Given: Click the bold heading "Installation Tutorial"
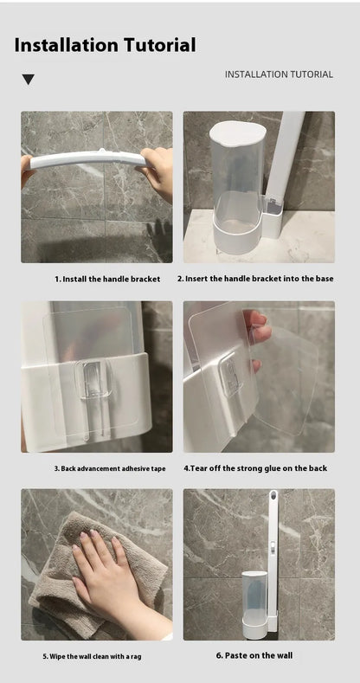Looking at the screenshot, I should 105,45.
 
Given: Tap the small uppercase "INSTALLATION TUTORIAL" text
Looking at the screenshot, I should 279,74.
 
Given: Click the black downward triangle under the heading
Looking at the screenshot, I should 29,80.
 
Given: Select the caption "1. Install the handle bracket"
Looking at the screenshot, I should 107,279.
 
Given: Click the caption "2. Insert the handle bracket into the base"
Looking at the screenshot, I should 255,279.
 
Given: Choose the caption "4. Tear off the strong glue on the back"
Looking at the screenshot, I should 255,468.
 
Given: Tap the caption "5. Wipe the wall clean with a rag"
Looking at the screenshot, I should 92,657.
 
